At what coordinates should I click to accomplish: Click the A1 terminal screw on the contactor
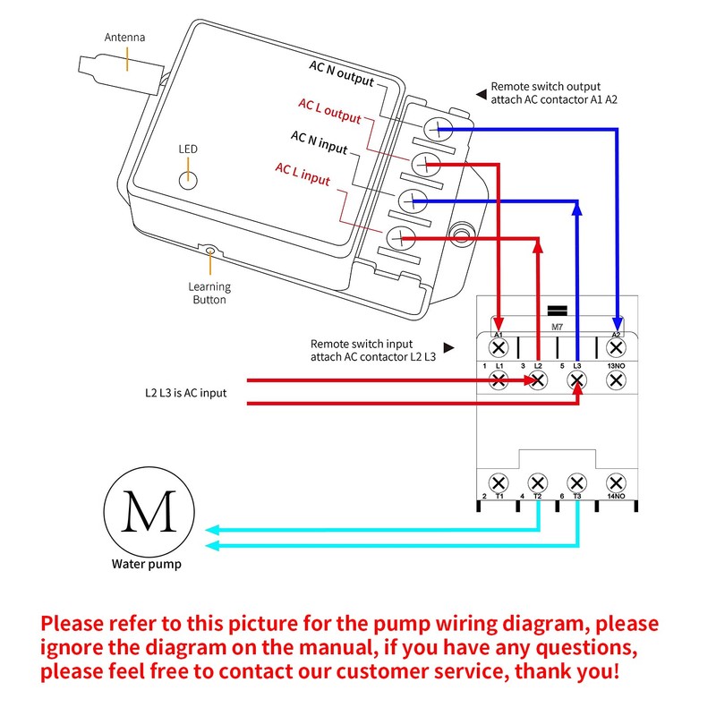(x=499, y=346)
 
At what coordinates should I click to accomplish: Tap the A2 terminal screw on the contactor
(x=616, y=346)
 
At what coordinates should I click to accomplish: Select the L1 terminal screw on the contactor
(x=499, y=380)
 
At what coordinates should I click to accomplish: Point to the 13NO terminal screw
(x=616, y=380)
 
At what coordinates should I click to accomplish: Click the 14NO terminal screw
(x=616, y=482)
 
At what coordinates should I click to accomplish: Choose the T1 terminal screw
(x=499, y=482)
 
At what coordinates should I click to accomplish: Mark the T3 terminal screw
(x=577, y=482)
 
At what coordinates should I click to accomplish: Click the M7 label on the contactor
(x=557, y=328)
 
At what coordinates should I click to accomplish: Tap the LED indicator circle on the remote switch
(x=188, y=178)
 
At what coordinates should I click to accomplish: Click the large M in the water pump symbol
(x=149, y=511)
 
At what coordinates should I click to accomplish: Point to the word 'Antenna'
(x=125, y=38)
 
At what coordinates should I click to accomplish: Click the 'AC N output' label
(x=341, y=74)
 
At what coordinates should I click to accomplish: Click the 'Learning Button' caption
(x=209, y=294)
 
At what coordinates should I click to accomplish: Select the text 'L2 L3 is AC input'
(x=185, y=393)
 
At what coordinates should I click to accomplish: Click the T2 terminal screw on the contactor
(x=538, y=482)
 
